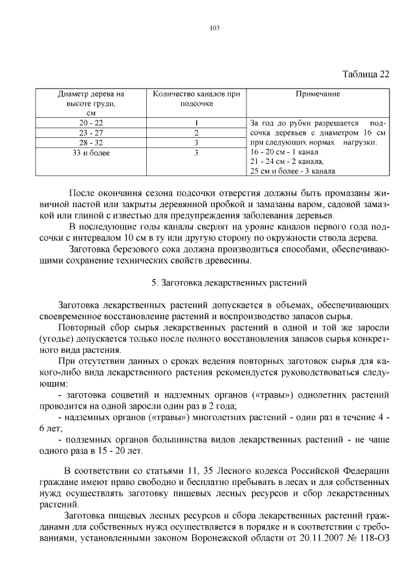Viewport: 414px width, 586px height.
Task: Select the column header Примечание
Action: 318,94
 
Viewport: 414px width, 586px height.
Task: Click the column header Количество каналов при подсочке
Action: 196,98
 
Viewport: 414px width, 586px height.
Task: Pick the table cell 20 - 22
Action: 91,122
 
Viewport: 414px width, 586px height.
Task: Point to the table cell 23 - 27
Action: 91,132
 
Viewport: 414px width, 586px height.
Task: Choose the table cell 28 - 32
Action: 91,142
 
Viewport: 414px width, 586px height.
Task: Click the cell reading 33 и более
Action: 91,153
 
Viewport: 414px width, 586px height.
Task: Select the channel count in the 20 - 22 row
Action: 196,122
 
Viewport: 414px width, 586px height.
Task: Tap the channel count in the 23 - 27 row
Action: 196,132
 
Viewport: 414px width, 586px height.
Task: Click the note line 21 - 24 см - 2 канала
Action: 287,161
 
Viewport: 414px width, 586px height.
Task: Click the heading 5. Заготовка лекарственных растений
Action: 228,282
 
